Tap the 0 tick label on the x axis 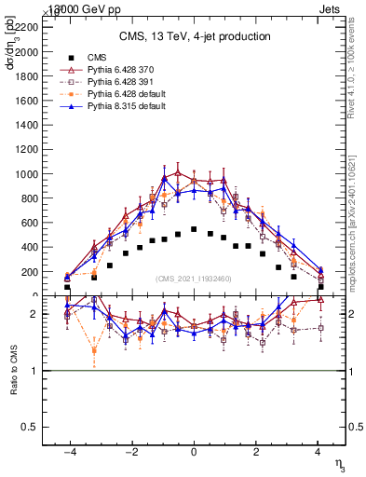(x=194, y=450)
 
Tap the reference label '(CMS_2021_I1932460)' (x=194, y=279)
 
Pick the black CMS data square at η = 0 (x=194, y=229)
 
